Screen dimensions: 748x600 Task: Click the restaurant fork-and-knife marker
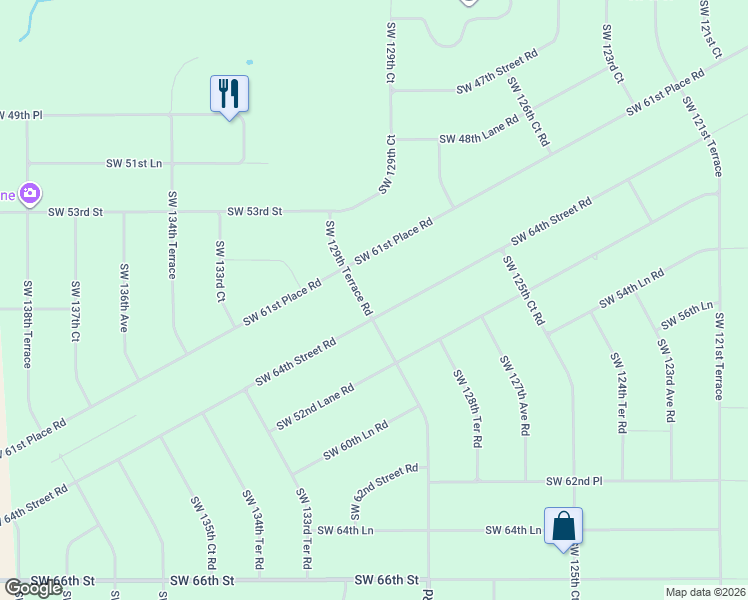click(229, 94)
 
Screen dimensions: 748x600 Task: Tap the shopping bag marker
click(563, 526)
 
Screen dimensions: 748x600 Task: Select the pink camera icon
click(31, 192)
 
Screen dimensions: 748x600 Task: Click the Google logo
click(33, 588)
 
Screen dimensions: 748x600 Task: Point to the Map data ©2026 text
click(704, 592)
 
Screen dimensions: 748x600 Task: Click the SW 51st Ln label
click(134, 163)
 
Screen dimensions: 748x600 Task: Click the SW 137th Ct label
click(75, 311)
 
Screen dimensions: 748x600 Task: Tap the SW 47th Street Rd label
click(497, 72)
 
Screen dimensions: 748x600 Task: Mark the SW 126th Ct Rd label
click(528, 112)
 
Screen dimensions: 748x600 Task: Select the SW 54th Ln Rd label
click(632, 288)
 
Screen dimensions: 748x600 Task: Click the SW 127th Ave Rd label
click(513, 396)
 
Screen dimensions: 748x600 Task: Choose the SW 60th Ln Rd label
click(355, 441)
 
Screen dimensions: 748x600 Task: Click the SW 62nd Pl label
click(574, 482)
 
